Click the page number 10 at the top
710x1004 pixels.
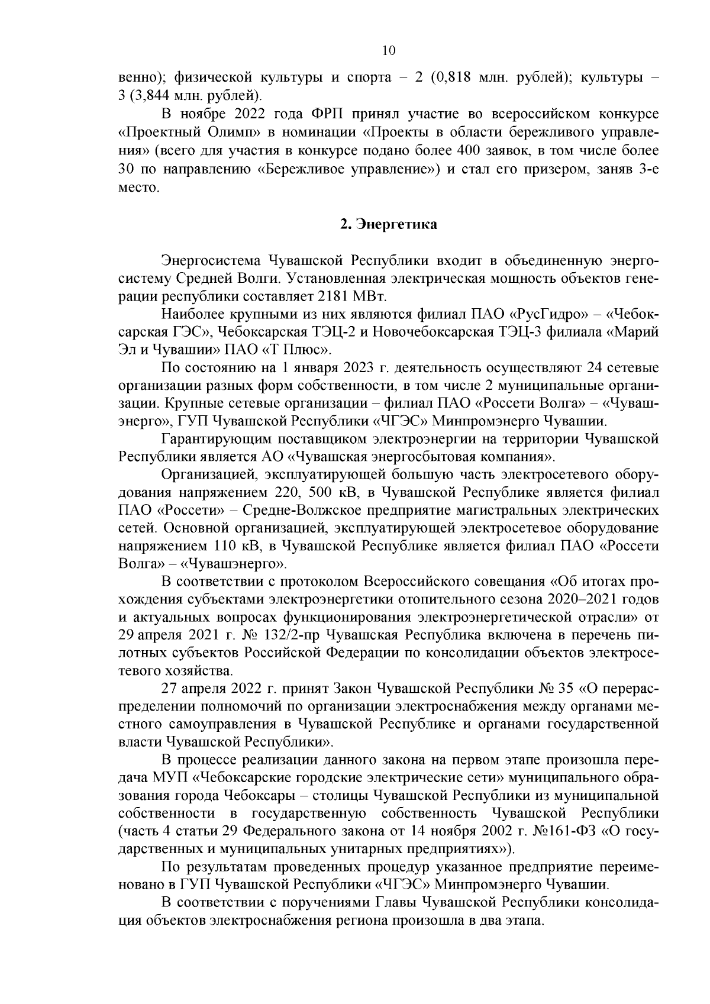pos(389,51)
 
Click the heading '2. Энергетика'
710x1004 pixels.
pos(389,225)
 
